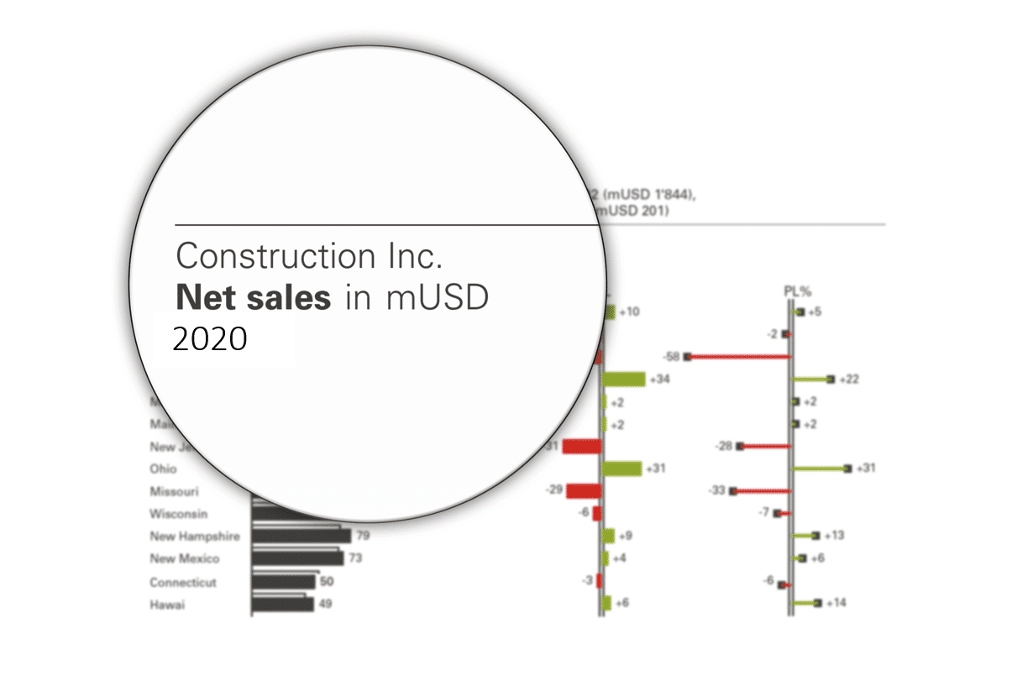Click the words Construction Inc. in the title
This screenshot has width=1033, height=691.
coord(308,256)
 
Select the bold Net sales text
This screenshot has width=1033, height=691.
coord(251,298)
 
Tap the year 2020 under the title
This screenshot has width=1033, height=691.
coord(210,339)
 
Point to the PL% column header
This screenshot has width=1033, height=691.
coord(795,291)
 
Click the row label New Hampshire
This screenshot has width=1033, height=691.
coord(195,536)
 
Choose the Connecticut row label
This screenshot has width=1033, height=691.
coord(183,582)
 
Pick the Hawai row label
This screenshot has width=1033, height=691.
coord(167,605)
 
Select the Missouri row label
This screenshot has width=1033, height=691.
coord(174,490)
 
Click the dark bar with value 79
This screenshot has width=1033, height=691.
coord(302,536)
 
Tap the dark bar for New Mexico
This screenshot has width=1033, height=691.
coord(298,558)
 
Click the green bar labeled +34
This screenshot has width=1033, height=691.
coord(624,380)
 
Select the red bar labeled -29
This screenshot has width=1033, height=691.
coord(584,490)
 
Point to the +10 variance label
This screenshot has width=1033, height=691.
coord(629,312)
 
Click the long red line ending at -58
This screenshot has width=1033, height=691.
coord(739,357)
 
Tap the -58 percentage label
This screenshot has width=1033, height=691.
coord(670,357)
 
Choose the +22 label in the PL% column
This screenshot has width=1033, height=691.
coord(849,380)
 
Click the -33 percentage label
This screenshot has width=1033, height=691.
coord(716,490)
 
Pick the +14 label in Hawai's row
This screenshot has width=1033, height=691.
coord(836,603)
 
